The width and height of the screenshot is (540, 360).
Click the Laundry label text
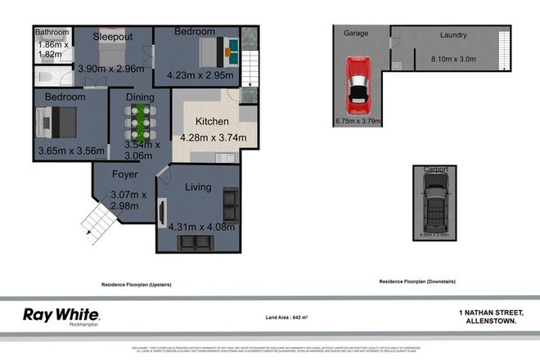point(452,35)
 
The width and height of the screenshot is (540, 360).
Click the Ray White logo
point(61,315)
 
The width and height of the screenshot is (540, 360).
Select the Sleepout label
point(114,37)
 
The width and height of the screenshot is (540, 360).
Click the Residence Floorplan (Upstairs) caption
point(135,284)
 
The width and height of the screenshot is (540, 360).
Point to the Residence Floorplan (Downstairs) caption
point(416,281)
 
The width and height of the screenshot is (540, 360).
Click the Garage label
point(355,34)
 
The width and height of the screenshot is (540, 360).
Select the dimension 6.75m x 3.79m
point(358,122)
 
